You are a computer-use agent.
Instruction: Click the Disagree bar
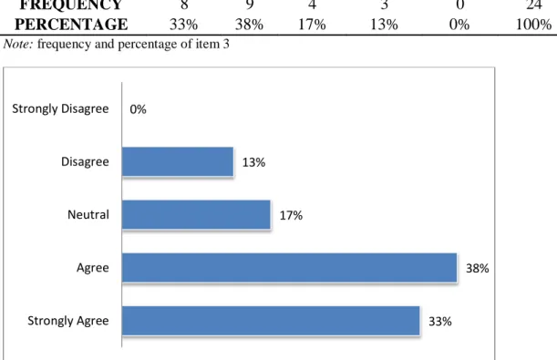click(x=178, y=161)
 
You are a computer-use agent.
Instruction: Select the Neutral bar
click(x=196, y=214)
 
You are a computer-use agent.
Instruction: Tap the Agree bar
click(x=289, y=268)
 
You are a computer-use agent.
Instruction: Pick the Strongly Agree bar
click(x=271, y=321)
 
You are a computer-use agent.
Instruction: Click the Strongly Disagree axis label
click(x=60, y=109)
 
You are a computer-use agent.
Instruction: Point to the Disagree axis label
click(x=85, y=162)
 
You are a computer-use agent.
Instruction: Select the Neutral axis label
click(x=88, y=215)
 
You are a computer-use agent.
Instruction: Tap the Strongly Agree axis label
click(x=68, y=321)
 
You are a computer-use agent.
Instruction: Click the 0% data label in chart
click(x=138, y=109)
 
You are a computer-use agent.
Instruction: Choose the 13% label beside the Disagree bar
click(x=253, y=162)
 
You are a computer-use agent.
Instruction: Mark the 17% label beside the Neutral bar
click(x=291, y=215)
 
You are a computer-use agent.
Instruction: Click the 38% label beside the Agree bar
click(x=477, y=268)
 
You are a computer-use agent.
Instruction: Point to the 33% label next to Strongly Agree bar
click(x=440, y=322)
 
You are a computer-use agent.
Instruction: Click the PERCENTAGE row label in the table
click(x=71, y=25)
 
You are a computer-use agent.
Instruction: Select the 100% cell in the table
click(x=533, y=25)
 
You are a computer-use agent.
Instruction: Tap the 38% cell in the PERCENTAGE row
click(x=249, y=25)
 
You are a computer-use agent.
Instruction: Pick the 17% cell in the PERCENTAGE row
click(x=312, y=25)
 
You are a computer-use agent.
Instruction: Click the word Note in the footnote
click(x=17, y=44)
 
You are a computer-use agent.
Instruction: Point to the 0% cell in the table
click(x=459, y=25)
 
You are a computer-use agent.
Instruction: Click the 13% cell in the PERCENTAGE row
click(x=384, y=25)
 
